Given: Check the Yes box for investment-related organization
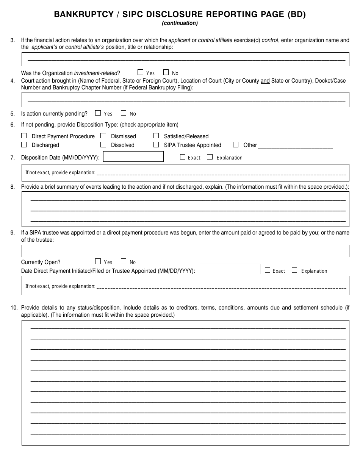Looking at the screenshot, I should pos(140,72).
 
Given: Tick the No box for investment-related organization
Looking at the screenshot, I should pos(166,72).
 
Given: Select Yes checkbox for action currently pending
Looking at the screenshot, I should pos(98,113).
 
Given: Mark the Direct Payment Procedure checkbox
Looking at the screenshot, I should pos(24,136).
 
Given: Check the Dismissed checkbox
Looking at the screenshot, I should pos(103,136).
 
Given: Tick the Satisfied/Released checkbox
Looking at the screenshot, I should pos(156,136).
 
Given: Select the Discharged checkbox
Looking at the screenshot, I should pos(24,145).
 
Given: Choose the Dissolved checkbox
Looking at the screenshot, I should pos(103,145).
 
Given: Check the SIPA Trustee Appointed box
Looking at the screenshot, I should pos(156,145).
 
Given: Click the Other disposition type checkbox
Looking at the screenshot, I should pos(236,145).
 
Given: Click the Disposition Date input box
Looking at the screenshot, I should pos(133,157).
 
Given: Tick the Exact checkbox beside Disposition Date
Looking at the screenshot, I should pos(183,157).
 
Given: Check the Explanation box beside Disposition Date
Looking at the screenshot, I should pos(210,157).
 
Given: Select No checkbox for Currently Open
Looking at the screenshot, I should pos(124,261).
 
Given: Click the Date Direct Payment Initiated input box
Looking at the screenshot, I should pos(230,269).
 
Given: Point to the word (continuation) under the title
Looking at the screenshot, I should pos(180,23).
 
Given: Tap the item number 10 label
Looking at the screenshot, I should pos(14,308).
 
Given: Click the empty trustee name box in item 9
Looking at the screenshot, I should pos(185,251).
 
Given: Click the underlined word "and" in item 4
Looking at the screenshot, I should pos(265,81).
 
